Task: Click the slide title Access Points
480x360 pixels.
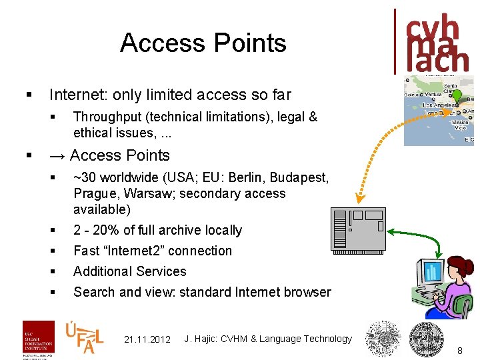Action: point(203,43)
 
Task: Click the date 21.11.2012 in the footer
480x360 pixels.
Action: point(147,339)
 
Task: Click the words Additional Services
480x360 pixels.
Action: point(129,271)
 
